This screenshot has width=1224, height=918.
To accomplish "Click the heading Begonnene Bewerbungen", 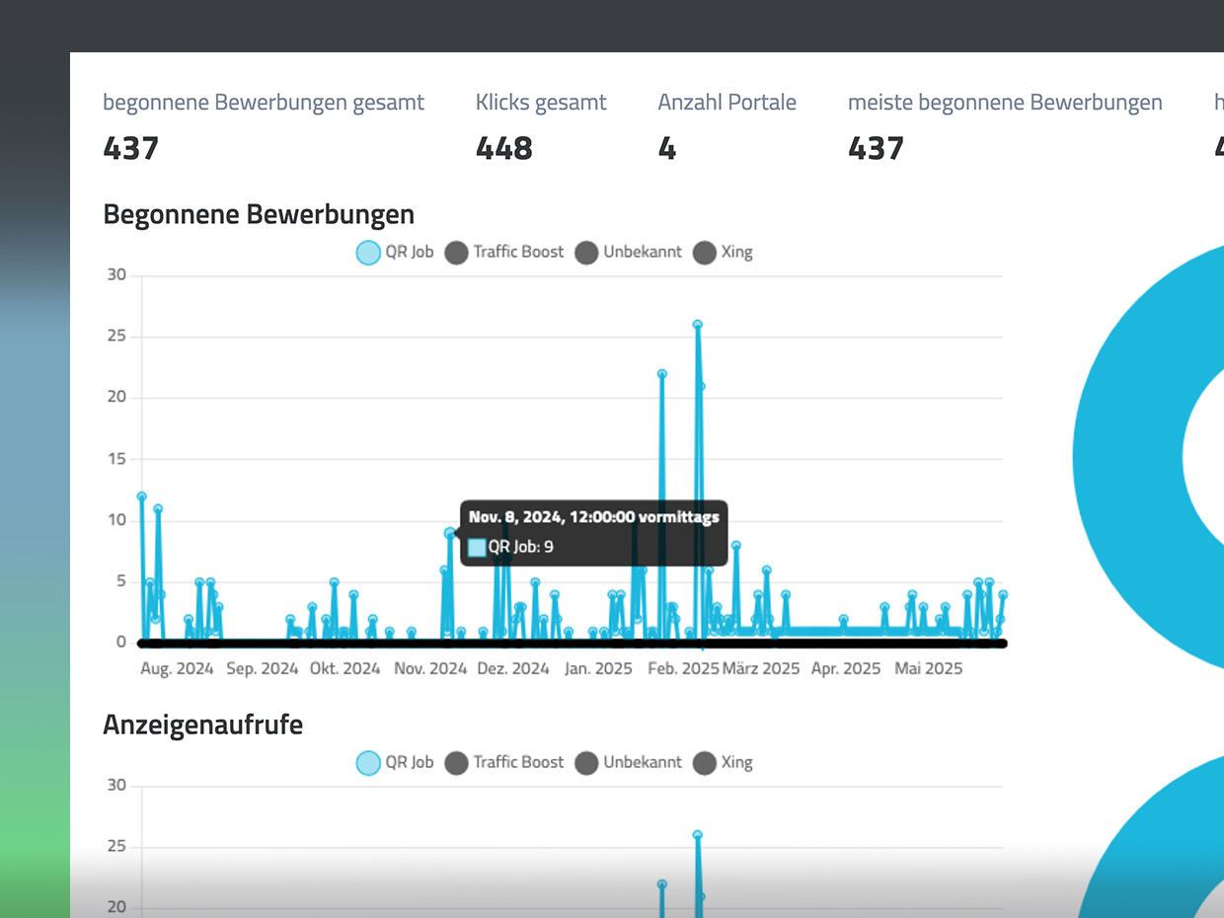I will click(259, 214).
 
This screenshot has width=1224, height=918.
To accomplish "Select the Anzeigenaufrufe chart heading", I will click(202, 725).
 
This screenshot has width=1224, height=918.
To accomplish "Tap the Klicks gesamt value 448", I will click(503, 148).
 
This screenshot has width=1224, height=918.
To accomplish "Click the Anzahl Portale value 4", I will click(667, 148).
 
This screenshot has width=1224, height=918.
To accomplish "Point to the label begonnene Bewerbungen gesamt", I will click(264, 102).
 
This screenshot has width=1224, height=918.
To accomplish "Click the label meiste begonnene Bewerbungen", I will click(1005, 102).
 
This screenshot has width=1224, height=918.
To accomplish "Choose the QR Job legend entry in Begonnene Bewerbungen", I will click(395, 252).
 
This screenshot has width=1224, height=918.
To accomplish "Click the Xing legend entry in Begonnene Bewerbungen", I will click(724, 252).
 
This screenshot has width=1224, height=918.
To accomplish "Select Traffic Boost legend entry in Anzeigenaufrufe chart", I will click(504, 762).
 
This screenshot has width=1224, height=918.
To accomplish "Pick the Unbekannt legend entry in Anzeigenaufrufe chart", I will click(628, 762).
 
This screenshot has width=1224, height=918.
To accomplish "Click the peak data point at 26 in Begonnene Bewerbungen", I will click(697, 324).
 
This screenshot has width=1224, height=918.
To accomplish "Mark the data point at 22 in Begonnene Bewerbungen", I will click(661, 374).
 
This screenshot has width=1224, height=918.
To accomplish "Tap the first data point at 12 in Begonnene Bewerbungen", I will click(142, 497).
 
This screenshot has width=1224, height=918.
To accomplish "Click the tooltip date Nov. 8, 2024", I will click(593, 516).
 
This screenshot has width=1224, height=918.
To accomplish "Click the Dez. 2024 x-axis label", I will click(513, 668).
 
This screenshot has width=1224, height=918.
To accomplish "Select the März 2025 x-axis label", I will click(761, 668).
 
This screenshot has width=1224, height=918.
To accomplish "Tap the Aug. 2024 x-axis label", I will click(177, 668).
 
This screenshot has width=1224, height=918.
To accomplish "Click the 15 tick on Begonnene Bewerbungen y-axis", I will click(117, 459).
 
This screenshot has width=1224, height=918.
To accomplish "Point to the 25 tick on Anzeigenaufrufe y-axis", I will click(117, 847).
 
